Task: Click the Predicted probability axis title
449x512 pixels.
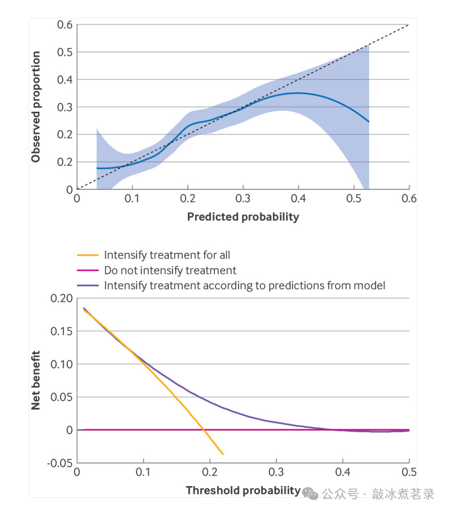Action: coord(243,217)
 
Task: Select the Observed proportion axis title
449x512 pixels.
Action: coord(36,107)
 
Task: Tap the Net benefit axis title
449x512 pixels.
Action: coord(36,380)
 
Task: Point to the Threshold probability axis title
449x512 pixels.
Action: coord(243,490)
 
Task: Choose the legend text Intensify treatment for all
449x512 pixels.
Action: coord(167,255)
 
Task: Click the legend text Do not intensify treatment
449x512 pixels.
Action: coord(170,270)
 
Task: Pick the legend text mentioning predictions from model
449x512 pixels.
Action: coord(245,285)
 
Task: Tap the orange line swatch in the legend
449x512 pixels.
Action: coord(88,255)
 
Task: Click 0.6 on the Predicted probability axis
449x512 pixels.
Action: coord(409,199)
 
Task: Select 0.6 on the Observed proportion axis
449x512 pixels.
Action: coord(64,25)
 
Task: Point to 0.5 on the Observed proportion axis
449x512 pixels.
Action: coord(64,52)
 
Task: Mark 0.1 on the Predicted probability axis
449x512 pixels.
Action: coord(132,199)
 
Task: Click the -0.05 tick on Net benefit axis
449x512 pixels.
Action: coord(61,463)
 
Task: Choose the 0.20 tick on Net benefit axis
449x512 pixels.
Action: coord(62,298)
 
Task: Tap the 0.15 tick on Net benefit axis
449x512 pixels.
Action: coord(62,331)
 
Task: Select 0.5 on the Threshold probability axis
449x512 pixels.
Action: coord(409,473)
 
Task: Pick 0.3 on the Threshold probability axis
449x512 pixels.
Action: coord(276,473)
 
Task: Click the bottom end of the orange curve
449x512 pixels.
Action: coord(223,454)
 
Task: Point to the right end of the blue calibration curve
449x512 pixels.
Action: coord(369,122)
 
